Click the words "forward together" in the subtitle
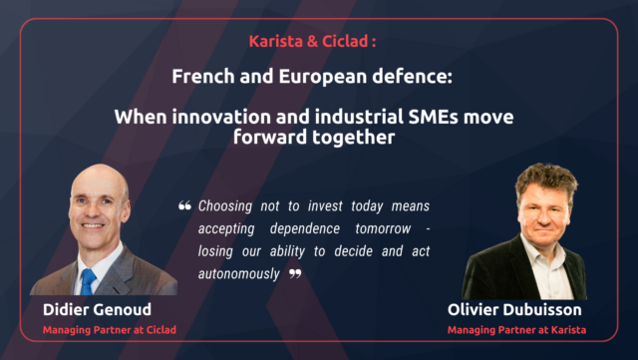(319, 138)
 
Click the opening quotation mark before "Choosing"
(184, 206)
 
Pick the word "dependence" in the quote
(272, 228)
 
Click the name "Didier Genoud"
(91, 308)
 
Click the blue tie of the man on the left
(89, 281)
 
